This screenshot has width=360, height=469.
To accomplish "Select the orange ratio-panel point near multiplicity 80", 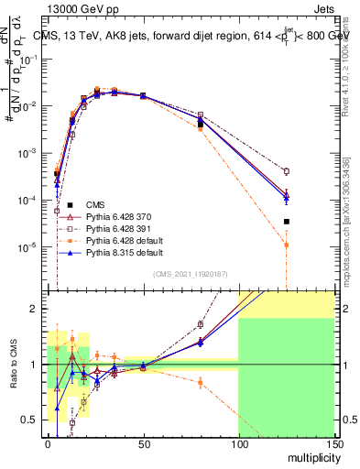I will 200,382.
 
